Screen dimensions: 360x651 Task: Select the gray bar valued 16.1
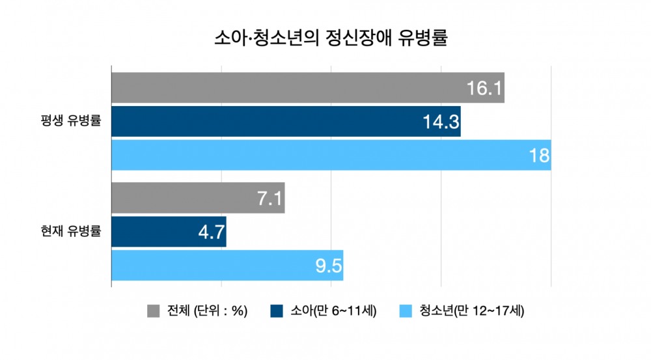[286, 88]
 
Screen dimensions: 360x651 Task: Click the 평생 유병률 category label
[70, 121]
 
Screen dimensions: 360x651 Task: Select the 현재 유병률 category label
[70, 230]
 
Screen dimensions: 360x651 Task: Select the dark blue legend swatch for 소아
[275, 311]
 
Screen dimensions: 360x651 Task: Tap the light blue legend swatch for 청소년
[404, 311]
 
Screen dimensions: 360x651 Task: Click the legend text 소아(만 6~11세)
[333, 311]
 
